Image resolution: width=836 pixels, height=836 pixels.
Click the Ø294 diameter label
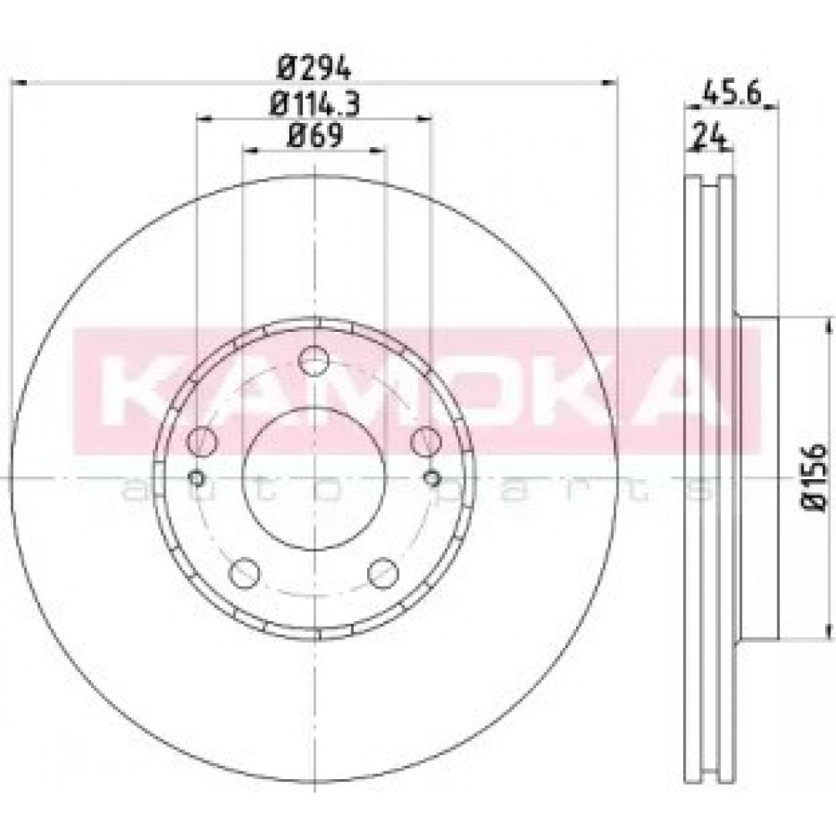pyautogui.click(x=314, y=68)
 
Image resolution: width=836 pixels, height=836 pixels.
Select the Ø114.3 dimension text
pyautogui.click(x=314, y=104)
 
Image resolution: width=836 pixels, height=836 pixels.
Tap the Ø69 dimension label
pyautogui.click(x=314, y=135)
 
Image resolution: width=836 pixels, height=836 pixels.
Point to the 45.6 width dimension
pyautogui.click(x=731, y=94)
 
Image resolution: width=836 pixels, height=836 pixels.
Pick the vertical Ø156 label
pyautogui.click(x=815, y=477)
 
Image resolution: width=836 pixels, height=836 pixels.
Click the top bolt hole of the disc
pyautogui.click(x=313, y=361)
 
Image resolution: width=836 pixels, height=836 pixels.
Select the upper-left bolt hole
pyautogui.click(x=202, y=441)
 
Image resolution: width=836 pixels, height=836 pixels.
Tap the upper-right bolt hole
pyautogui.click(x=426, y=441)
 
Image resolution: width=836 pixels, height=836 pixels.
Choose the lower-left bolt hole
pyautogui.click(x=244, y=573)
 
